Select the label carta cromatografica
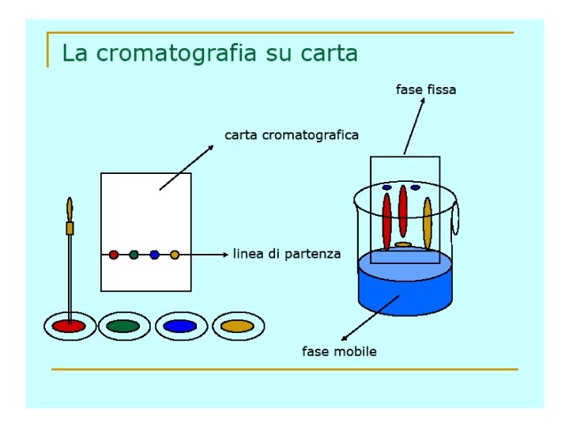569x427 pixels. click(x=292, y=135)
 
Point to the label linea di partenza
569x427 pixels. click(x=287, y=254)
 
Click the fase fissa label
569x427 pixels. click(x=426, y=90)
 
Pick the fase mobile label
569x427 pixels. click(x=339, y=351)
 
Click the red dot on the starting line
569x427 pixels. click(x=114, y=255)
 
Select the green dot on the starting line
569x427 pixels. click(x=134, y=255)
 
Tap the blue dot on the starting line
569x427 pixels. click(x=155, y=255)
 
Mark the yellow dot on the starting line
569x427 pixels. click(x=175, y=255)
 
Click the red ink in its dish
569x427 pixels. click(x=69, y=326)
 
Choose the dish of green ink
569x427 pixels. click(x=123, y=326)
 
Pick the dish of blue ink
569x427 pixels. click(x=180, y=326)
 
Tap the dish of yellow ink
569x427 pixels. click(x=237, y=326)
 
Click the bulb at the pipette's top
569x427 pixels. click(x=70, y=209)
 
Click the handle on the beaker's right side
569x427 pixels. click(x=456, y=219)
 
